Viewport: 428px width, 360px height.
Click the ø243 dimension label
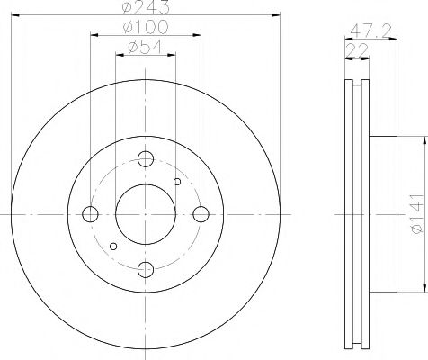146,6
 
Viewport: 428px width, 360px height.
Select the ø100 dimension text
146,27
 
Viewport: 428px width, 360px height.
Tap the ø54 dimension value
146,47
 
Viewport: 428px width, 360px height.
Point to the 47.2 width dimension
370,31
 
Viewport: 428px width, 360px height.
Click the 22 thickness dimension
357,50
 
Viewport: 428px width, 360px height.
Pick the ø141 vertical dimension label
417,213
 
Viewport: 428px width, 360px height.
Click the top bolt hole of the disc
146,159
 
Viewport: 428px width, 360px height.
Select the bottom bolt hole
146,269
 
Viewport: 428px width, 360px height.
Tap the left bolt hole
90,214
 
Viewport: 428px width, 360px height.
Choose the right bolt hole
201,214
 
